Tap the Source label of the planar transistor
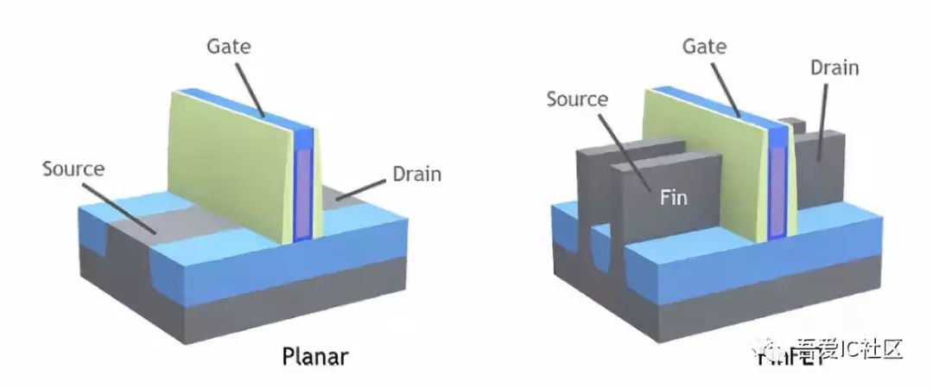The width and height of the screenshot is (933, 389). [x=73, y=169]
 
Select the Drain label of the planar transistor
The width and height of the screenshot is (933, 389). [x=416, y=174]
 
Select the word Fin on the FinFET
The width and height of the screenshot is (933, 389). [x=674, y=198]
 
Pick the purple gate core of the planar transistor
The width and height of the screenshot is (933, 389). [x=302, y=194]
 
